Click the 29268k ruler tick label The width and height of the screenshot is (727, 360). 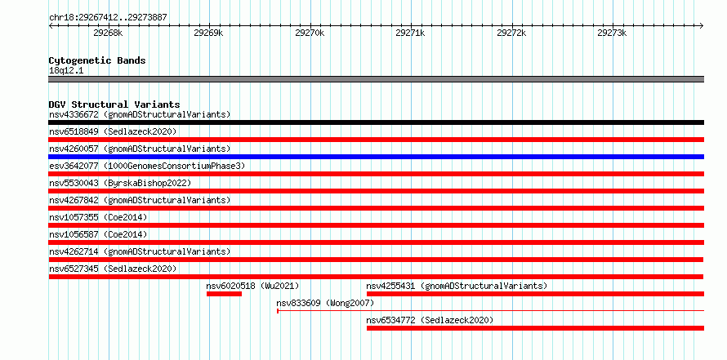click(108, 33)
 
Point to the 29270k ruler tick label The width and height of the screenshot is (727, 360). click(310, 33)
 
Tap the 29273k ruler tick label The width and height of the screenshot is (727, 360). click(612, 33)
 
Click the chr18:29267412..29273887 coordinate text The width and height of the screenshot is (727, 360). click(108, 18)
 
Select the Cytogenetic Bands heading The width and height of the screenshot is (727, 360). click(97, 60)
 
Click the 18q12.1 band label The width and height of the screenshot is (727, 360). click(66, 71)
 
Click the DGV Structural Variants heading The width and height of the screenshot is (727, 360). click(114, 104)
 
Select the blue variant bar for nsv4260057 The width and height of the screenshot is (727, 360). click(376, 157)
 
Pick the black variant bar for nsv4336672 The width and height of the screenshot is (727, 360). click(376, 122)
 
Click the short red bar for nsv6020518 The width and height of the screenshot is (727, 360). click(224, 294)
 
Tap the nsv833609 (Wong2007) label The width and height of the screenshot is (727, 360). click(325, 303)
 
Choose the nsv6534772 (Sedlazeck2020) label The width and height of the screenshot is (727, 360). click(430, 320)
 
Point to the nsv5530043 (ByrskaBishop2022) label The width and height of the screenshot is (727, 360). click(120, 183)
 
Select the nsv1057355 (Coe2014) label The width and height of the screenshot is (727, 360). click(98, 217)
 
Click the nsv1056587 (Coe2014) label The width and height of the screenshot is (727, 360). click(98, 234)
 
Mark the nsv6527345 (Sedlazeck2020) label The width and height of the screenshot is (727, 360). click(113, 269)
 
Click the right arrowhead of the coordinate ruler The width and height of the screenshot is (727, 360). click(702, 25)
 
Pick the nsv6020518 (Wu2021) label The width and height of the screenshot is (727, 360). click(252, 286)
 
